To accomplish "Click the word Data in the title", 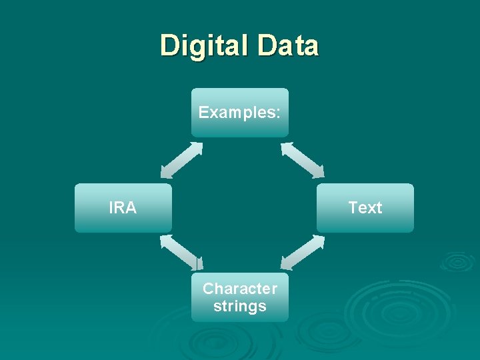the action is [288, 46].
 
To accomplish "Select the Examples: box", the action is [240, 112].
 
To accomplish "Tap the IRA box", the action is [123, 208].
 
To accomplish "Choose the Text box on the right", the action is [365, 208].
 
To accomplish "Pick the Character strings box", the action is [240, 297].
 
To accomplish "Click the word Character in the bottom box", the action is [240, 289].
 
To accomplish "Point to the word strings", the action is [240, 307].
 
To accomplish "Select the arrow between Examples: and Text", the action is [302, 160].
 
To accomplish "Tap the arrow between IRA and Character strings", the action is [181, 253].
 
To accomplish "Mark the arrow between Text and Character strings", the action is [302, 253].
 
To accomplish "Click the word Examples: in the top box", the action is [239, 112].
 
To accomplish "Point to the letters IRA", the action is [123, 208].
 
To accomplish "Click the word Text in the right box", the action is [365, 208].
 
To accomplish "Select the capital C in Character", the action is [207, 289].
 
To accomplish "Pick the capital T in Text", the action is [353, 208].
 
